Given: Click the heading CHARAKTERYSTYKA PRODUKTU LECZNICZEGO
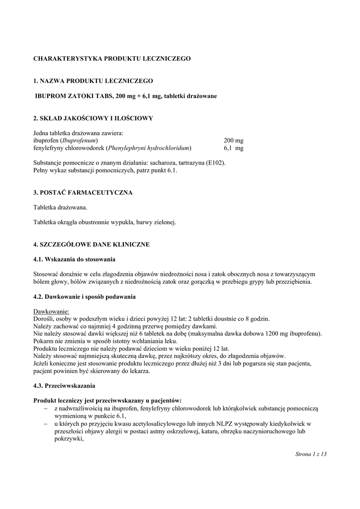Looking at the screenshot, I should [x=112, y=59].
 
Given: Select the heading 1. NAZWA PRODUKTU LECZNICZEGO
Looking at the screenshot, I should [x=93, y=81].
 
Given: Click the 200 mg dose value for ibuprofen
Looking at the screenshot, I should [x=233, y=141].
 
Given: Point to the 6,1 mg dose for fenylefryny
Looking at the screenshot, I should [x=233, y=148].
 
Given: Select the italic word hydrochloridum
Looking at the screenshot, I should [x=167, y=148].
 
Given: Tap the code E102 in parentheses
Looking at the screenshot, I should [x=216, y=163].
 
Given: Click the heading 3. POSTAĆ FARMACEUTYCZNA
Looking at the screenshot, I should [x=83, y=192].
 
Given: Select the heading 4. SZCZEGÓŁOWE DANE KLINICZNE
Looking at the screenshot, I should [x=91, y=245].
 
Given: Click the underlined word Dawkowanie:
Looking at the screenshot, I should [x=51, y=311].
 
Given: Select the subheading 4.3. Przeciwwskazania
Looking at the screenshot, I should [x=64, y=385].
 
